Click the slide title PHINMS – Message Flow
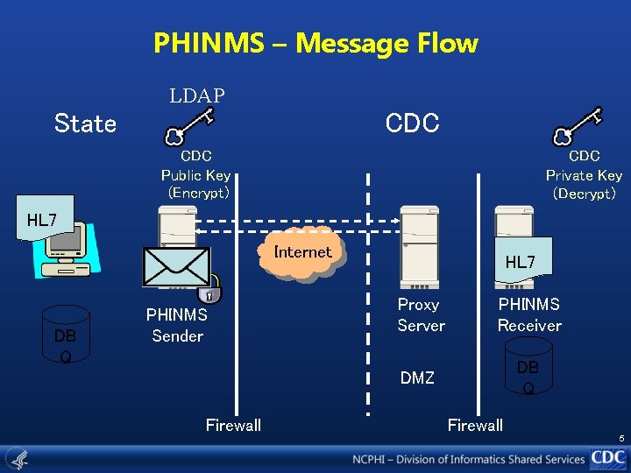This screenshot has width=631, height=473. pos(315,43)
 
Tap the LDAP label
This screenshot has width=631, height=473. pos(197,95)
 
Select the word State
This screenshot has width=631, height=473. pos(85,124)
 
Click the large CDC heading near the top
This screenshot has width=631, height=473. pos(412,124)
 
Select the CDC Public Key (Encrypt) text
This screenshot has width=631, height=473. pos(196,174)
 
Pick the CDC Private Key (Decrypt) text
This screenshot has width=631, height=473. pos(584,174)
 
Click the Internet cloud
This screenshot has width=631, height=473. pos(303,254)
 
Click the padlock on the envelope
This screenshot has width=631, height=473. pos(209,295)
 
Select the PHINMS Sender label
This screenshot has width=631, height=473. pos(177,325)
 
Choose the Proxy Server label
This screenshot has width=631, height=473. pos(421,315)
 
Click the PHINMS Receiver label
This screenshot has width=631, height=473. pos(529,315)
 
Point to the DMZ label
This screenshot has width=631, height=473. pos(417,378)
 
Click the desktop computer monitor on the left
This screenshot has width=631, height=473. pos(63,248)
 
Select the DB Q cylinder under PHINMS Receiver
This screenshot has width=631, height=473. pos(528,367)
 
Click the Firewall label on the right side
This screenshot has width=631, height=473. pos(475,426)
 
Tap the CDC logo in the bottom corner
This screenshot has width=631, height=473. pos(607,457)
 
